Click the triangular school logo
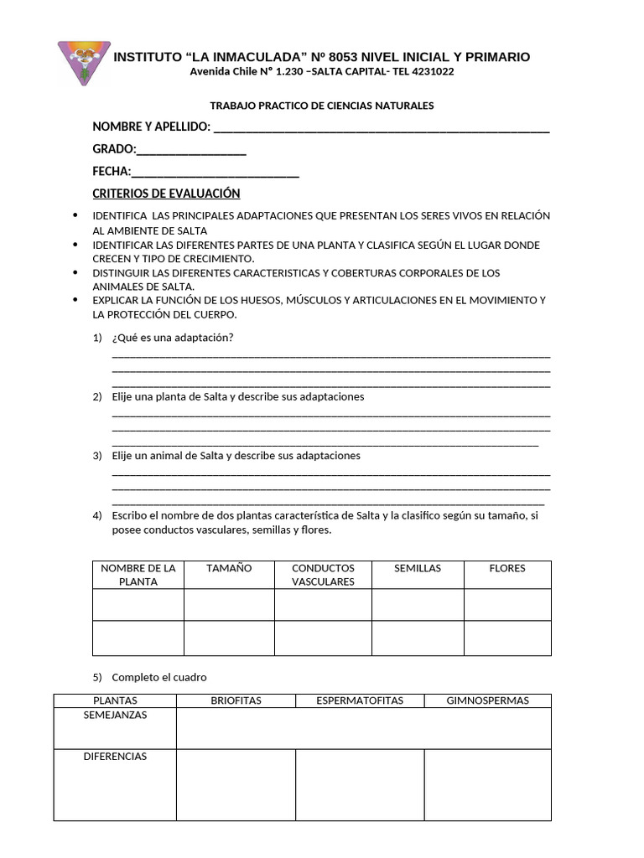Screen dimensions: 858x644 (83, 61)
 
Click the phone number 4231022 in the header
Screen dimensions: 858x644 (430, 72)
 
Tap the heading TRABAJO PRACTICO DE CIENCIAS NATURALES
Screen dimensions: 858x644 (321, 106)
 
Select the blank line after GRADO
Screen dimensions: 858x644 (191, 151)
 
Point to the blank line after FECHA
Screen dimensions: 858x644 (216, 173)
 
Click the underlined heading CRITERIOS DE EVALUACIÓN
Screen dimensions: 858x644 (166, 194)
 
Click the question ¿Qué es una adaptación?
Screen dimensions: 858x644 (173, 338)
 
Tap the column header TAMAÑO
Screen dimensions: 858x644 (229, 568)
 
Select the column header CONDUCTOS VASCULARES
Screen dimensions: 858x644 (323, 575)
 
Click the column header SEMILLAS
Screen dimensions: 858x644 (418, 568)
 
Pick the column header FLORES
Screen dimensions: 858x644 (507, 568)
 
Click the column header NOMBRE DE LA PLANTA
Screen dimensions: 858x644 (138, 575)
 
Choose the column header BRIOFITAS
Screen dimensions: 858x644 (236, 700)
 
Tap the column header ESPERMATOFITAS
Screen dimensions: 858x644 (360, 700)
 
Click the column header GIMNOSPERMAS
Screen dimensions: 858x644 (487, 700)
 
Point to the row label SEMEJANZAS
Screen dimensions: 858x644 (115, 716)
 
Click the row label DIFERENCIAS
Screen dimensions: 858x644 (115, 757)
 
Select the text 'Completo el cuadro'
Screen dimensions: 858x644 (159, 677)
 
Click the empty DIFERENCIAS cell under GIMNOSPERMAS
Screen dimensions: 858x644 (487, 784)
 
